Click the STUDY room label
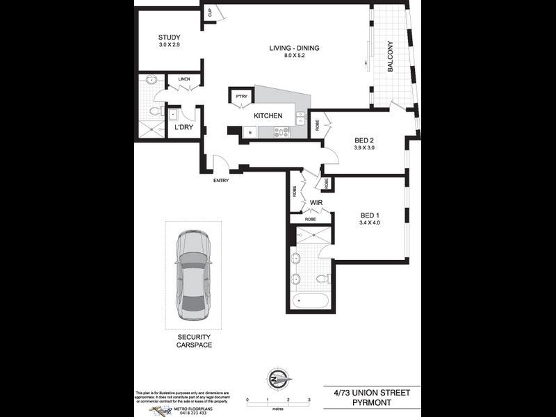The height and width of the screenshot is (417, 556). click(169, 38)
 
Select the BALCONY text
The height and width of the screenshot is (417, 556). click(391, 56)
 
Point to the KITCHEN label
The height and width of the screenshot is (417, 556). click(268, 115)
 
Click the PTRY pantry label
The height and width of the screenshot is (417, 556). click(241, 97)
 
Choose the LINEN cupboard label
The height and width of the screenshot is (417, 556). click(183, 79)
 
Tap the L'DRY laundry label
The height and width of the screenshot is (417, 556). click(183, 127)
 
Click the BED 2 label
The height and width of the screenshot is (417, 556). click(364, 140)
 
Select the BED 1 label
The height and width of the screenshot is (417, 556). click(370, 215)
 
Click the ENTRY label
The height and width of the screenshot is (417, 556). click(221, 181)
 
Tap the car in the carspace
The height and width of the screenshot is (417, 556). click(193, 275)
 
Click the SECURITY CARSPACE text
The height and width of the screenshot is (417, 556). click(194, 341)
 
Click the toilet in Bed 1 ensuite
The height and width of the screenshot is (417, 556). click(322, 278)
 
